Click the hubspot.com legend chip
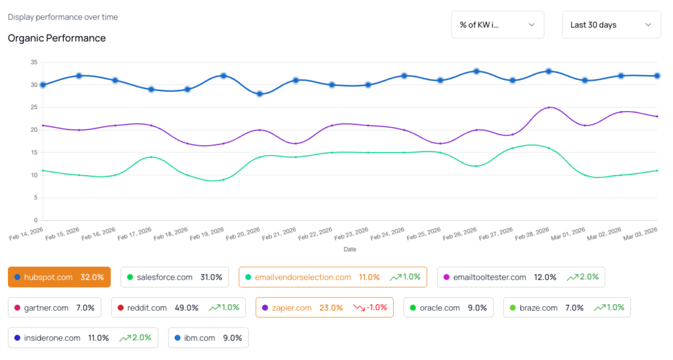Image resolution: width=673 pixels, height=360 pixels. (59, 277)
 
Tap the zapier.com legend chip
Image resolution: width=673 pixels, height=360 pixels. (324, 307)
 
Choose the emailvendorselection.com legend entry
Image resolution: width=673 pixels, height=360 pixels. (333, 277)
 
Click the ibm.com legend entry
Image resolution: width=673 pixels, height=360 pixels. (208, 338)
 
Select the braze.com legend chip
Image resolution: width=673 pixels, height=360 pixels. (567, 307)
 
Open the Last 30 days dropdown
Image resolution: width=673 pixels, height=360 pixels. (611, 25)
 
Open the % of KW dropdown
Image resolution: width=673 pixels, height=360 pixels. (498, 25)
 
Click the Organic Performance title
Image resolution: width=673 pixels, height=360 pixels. (57, 38)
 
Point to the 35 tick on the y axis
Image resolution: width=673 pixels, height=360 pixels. (34, 62)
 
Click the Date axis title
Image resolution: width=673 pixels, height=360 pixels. (350, 250)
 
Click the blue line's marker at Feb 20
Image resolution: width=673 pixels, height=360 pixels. (260, 94)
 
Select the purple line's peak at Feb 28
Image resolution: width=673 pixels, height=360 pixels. (549, 107)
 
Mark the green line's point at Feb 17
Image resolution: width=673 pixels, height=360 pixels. (151, 157)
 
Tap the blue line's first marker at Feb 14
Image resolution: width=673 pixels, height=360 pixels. (43, 85)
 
